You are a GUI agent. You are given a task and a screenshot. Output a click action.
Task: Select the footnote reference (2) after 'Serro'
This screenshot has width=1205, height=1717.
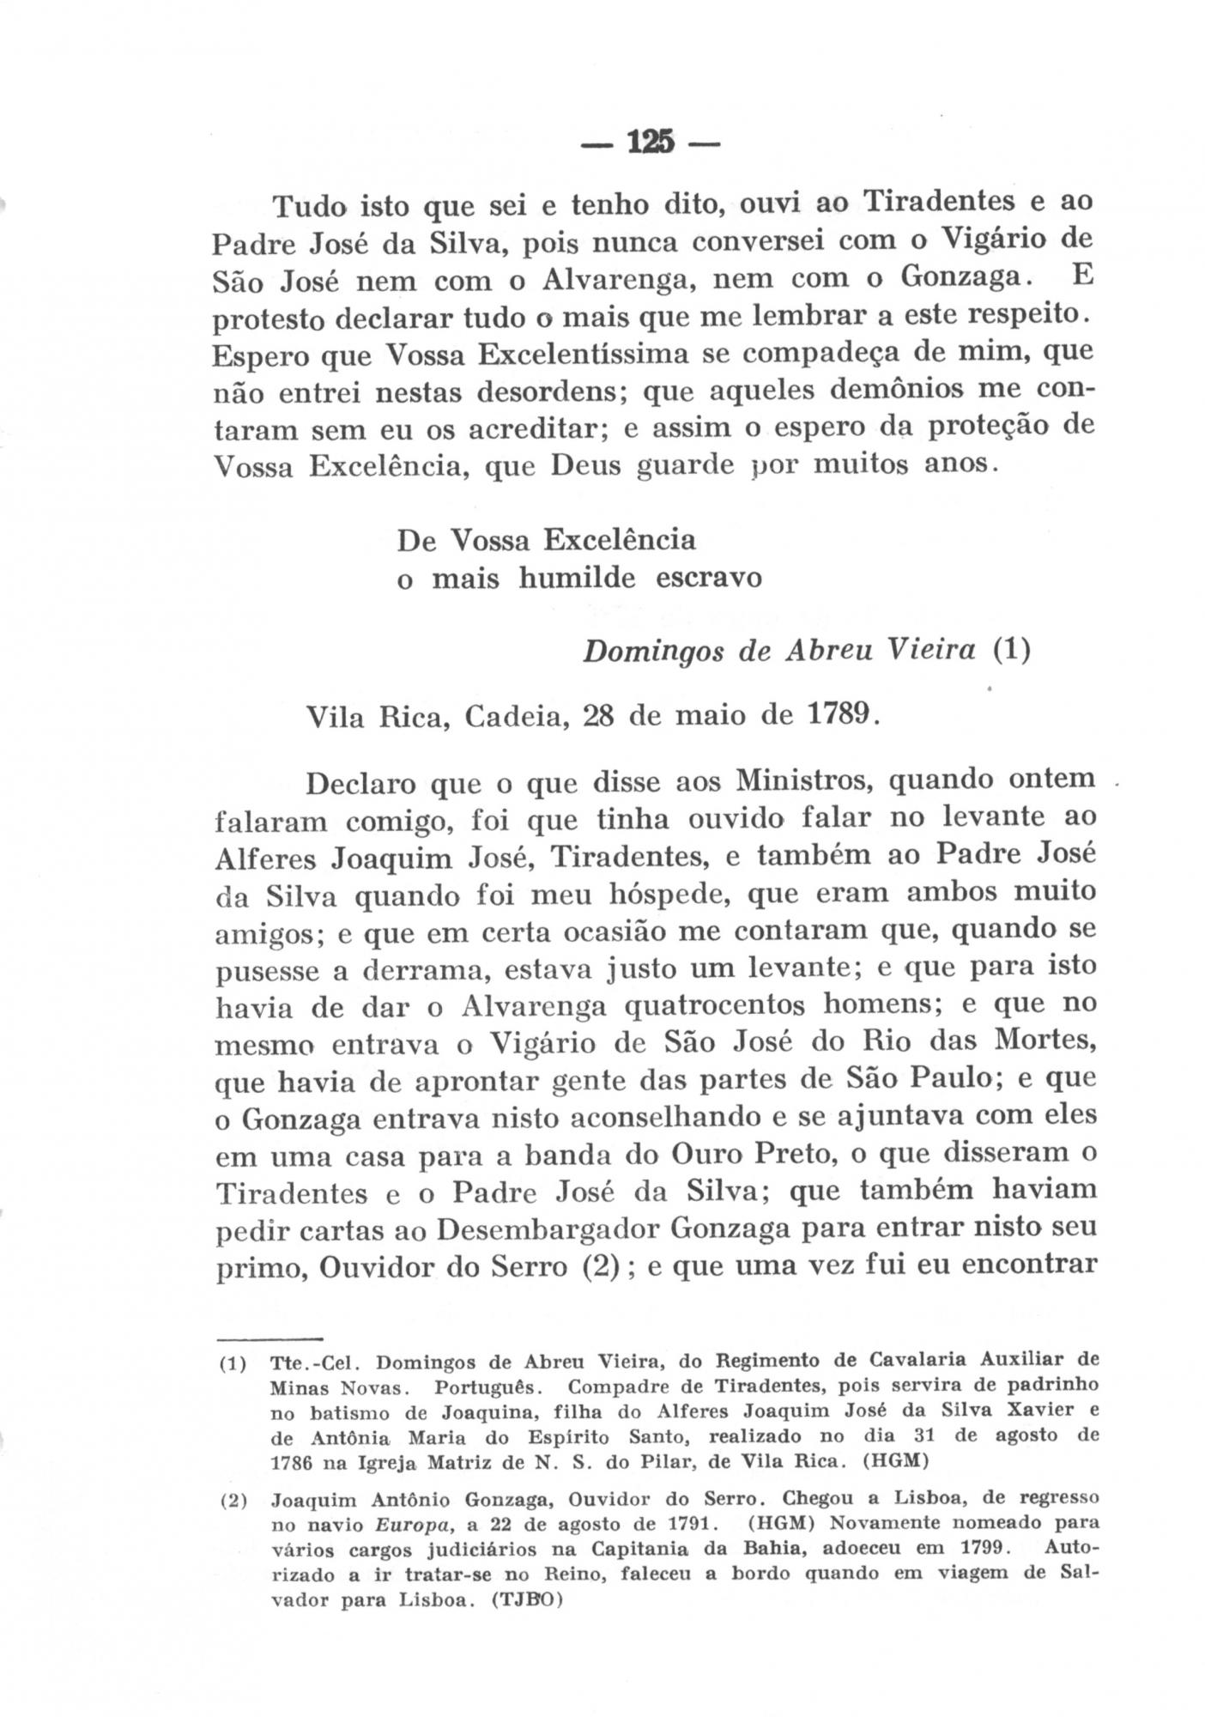(594, 1267)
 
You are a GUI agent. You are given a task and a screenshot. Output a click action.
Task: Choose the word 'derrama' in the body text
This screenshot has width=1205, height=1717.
(425, 968)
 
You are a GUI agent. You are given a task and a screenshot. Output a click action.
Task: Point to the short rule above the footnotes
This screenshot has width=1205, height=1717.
(267, 1337)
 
